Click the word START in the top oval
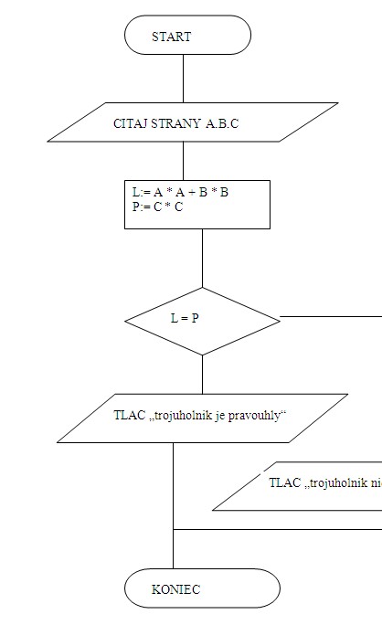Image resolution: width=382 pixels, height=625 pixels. point(172,37)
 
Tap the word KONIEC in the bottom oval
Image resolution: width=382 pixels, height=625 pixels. point(175,589)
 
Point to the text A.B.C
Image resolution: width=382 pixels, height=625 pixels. point(222,123)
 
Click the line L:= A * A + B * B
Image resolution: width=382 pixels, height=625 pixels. point(180,193)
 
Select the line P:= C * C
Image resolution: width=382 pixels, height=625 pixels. point(157,207)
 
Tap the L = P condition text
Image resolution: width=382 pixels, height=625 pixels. point(185,318)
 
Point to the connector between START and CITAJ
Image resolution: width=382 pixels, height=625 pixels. point(184,79)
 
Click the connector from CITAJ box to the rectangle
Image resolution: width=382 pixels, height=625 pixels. point(184,161)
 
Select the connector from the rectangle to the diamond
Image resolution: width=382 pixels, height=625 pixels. point(202,258)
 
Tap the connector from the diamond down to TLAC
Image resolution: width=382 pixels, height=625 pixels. point(202,375)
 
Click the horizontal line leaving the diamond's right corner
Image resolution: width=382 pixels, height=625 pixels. point(331,316)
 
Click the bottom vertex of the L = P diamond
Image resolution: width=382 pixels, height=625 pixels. point(202,355)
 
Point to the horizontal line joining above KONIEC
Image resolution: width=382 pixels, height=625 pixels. point(278,530)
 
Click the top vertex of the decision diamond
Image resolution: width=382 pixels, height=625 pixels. point(202,288)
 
